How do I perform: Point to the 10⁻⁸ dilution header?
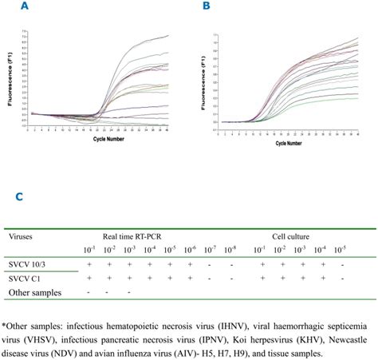point(230,251)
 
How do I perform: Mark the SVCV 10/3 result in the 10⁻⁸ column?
point(230,264)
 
